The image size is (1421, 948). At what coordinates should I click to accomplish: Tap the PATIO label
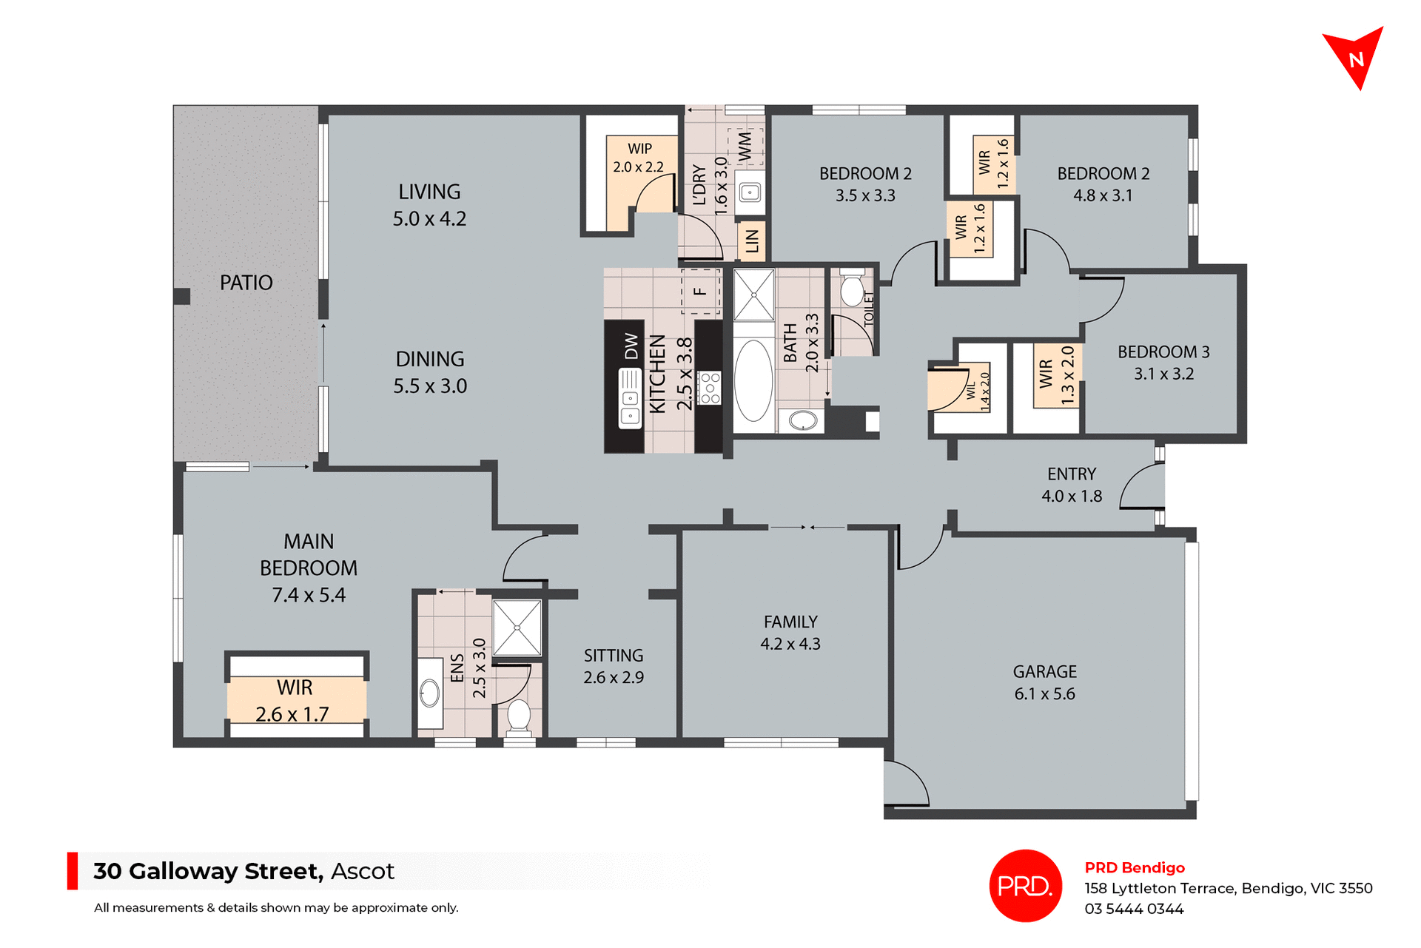246,283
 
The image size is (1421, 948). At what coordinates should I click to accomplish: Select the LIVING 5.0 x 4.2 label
429,205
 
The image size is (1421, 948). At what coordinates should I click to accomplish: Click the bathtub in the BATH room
753,380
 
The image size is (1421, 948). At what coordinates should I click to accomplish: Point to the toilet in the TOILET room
852,290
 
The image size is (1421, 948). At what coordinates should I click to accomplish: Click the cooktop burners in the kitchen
710,388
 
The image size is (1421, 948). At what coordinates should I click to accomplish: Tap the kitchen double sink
630,399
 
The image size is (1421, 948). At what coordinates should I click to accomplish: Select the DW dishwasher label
631,346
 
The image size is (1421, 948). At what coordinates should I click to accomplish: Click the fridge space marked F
700,292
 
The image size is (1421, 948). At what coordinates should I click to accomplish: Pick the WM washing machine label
745,147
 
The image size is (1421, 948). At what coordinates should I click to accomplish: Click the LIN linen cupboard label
752,241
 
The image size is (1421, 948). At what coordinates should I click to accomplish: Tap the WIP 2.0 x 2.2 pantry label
639,158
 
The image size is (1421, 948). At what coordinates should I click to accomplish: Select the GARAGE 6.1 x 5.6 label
1044,682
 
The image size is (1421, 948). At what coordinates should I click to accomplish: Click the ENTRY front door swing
1143,487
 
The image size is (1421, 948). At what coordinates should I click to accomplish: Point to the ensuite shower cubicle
517,628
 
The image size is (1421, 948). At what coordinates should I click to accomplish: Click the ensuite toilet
519,716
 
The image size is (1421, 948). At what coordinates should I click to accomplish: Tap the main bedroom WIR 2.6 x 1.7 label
294,700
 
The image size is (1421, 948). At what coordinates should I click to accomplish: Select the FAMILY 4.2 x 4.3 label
790,633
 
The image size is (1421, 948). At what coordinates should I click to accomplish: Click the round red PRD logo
1025,885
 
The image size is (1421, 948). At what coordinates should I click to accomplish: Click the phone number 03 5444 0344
1134,909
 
